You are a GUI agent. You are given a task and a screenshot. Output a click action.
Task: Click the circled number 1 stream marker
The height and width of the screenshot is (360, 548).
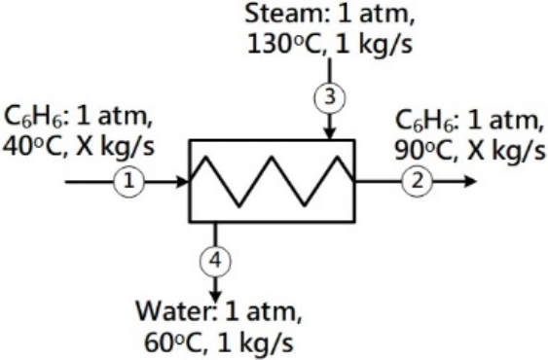128,182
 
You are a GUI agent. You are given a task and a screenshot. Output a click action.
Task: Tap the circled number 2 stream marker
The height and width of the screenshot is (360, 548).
417,181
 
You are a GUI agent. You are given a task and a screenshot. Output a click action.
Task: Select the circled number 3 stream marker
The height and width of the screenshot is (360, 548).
330,98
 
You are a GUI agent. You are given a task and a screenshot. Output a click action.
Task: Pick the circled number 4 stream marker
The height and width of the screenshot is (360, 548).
215,261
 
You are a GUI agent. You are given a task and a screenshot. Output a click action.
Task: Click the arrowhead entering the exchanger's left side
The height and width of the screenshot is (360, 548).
183,182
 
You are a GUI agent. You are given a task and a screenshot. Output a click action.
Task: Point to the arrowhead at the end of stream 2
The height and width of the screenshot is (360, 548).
470,181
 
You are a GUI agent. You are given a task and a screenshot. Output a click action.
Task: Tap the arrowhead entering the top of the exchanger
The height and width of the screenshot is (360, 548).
330,134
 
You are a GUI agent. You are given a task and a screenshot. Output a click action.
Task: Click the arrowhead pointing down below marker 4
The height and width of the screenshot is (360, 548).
215,296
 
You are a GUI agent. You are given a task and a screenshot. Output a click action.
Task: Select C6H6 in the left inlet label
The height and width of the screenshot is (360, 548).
34,117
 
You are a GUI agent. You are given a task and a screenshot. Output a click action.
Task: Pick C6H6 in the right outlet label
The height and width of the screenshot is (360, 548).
425,121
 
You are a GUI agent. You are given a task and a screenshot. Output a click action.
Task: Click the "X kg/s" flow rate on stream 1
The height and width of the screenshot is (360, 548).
115,146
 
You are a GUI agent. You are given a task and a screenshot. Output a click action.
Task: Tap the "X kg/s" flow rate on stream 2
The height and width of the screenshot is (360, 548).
506,150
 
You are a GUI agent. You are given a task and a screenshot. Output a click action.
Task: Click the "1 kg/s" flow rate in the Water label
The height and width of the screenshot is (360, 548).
255,342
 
